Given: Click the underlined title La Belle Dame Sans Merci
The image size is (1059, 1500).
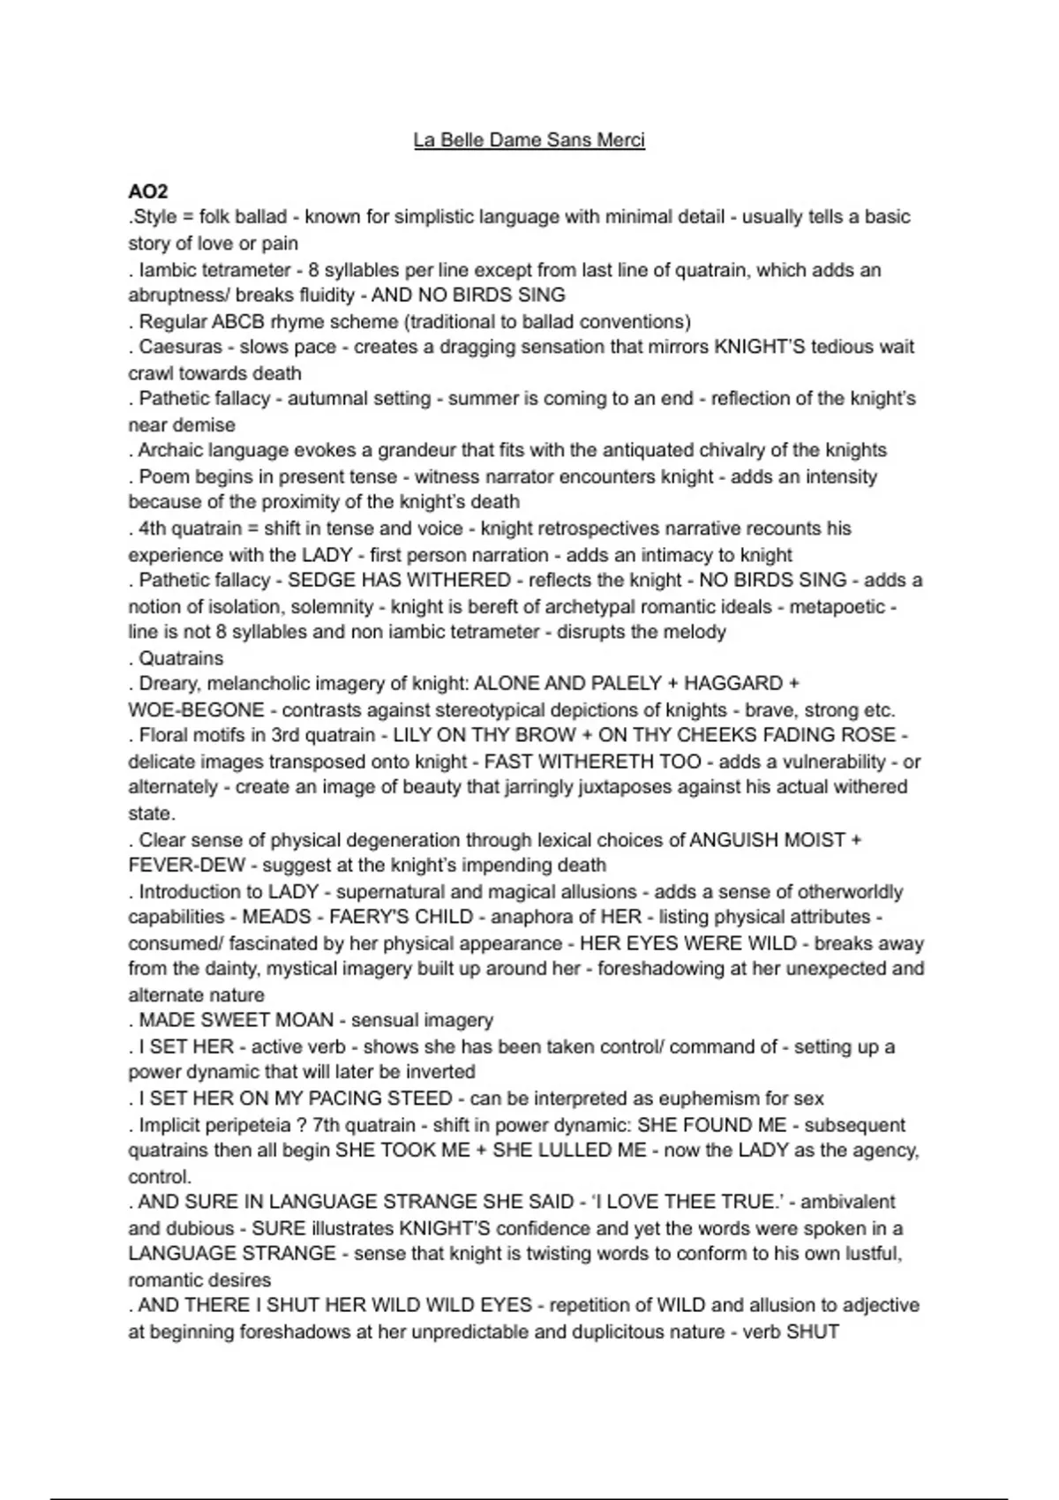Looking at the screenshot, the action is tap(529, 140).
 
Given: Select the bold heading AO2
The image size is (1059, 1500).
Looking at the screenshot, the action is tap(147, 191).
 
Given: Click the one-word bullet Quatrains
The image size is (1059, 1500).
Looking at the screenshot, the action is tap(181, 658).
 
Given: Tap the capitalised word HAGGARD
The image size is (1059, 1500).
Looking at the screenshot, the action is tap(734, 684).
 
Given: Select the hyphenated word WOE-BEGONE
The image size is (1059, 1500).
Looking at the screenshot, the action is tap(196, 710).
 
